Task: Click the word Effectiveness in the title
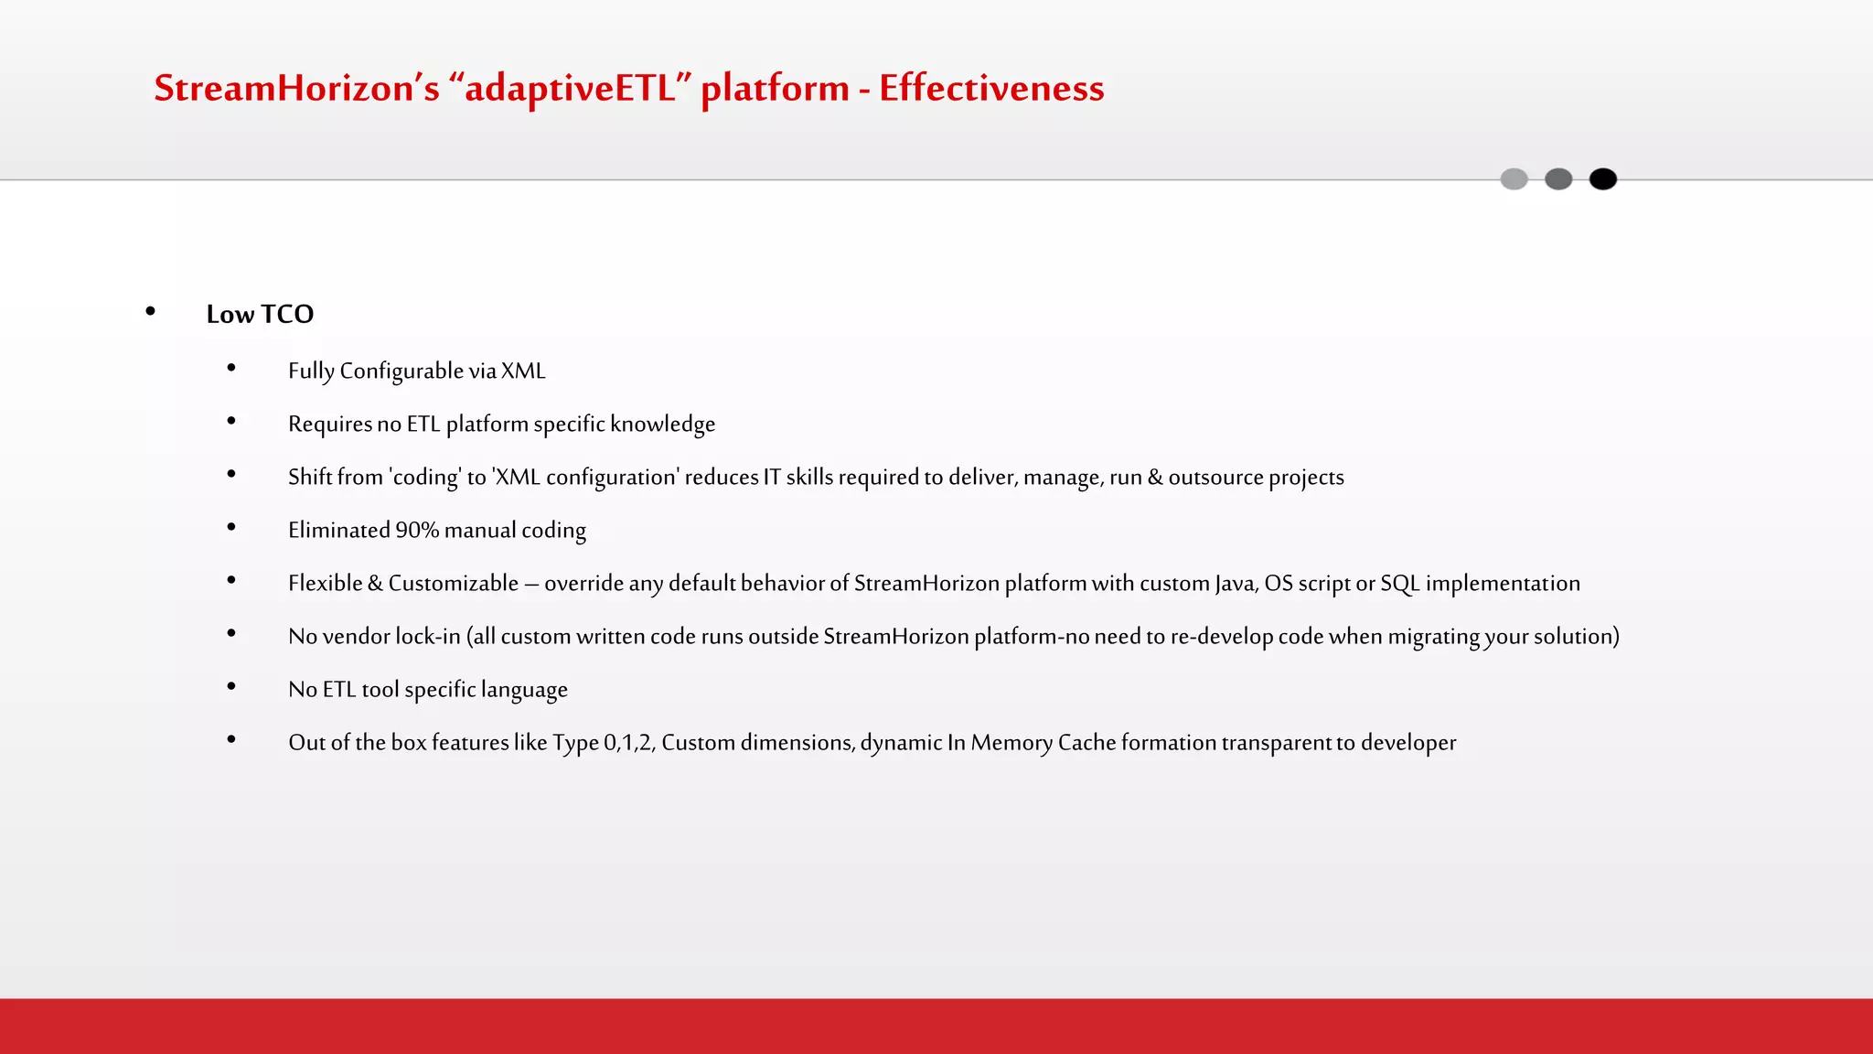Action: [x=991, y=89]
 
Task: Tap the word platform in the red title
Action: [x=775, y=89]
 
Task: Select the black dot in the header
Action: [x=1602, y=179]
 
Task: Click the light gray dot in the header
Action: [x=1514, y=179]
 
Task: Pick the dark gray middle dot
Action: [x=1558, y=179]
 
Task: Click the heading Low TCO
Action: [x=260, y=314]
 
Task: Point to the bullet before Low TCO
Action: [x=150, y=312]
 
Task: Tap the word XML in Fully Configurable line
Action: [x=523, y=371]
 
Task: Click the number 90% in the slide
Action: [x=417, y=530]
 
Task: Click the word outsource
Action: [x=1215, y=477]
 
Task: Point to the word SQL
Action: [x=1399, y=583]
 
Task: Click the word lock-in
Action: [x=428, y=636]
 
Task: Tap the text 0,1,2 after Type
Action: [x=629, y=742]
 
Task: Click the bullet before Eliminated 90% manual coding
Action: [x=231, y=527]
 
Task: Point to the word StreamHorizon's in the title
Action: [x=296, y=89]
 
